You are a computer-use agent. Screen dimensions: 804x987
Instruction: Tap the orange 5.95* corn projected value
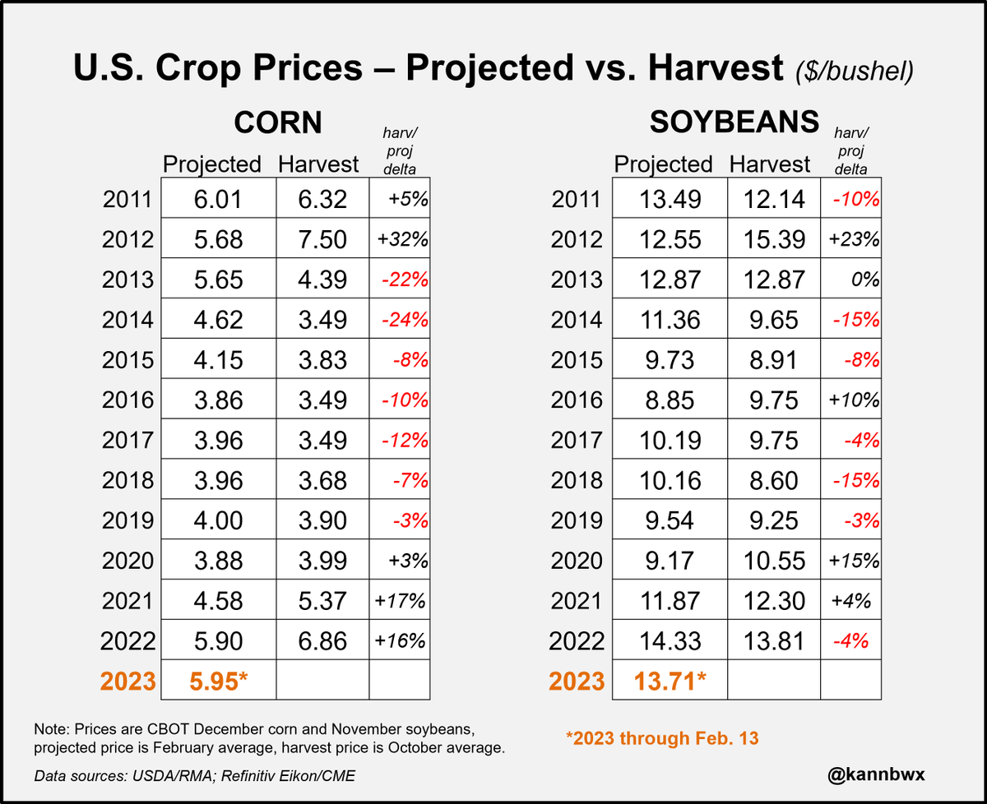coord(218,682)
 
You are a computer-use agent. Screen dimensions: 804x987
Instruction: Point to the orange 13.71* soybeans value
coord(670,682)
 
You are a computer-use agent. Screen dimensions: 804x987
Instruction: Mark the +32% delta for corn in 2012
coord(401,239)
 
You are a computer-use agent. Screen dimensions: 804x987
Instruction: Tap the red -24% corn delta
coord(403,320)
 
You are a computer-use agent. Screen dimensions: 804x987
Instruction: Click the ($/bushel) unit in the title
coord(855,72)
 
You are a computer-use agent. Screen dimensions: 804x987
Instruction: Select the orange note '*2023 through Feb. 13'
coord(662,737)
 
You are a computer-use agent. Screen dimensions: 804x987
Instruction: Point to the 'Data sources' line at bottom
coord(194,775)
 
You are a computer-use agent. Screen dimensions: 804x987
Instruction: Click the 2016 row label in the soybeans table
coord(577,400)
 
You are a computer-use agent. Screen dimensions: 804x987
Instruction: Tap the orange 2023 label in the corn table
coord(127,682)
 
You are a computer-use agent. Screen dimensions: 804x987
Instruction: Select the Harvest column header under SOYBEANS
coord(770,164)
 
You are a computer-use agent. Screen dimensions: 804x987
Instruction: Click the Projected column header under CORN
coord(212,164)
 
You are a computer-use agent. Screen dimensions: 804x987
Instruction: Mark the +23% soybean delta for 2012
coord(853,239)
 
